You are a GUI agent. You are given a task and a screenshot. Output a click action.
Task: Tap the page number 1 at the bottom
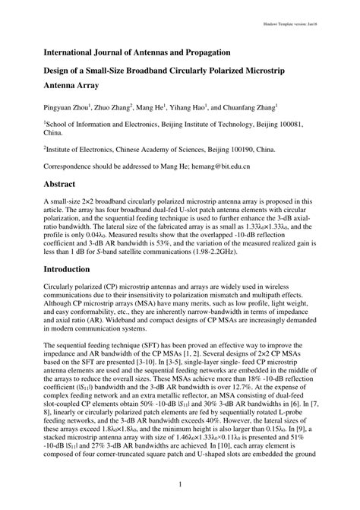[x=179, y=484]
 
